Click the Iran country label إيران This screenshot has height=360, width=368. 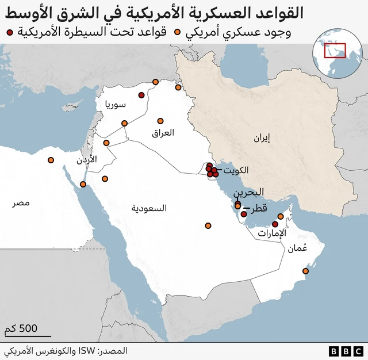tap(261, 137)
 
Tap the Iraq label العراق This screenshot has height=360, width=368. tap(163, 133)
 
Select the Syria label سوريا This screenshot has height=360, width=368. tap(115, 104)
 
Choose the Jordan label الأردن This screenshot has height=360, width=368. tap(87, 159)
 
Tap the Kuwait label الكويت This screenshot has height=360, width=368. tap(237, 170)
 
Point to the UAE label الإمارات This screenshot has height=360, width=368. tap(273, 233)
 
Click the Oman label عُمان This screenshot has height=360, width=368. tap(298, 248)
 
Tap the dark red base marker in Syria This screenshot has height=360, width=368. tap(141, 95)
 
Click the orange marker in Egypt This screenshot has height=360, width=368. tap(51, 160)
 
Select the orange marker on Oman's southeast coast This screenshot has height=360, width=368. tap(306, 271)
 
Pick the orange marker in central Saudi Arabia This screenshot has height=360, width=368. tap(208, 225)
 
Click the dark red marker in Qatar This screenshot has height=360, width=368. tap(244, 214)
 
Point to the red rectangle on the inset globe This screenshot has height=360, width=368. tap(335, 51)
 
